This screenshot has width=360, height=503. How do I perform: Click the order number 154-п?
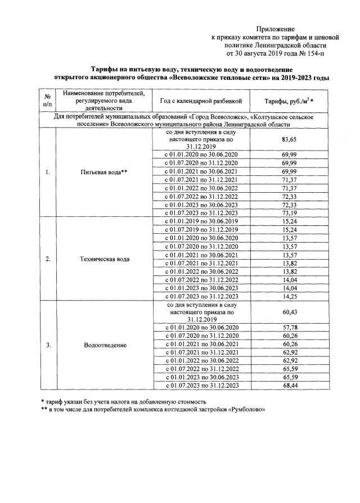pyautogui.click(x=312, y=54)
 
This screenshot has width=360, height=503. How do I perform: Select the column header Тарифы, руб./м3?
pyautogui.click(x=289, y=101)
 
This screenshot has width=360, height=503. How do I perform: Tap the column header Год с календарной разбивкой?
pyautogui.click(x=200, y=101)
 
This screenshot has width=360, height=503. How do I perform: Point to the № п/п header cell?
pyautogui.click(x=48, y=101)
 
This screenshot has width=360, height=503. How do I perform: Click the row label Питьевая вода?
pyautogui.click(x=105, y=172)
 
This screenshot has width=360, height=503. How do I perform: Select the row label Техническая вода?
pyautogui.click(x=105, y=259)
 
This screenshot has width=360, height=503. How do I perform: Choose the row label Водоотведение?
pyautogui.click(x=105, y=345)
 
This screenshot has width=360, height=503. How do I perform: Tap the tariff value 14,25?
pyautogui.click(x=289, y=296)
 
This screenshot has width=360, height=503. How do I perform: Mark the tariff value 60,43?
pyautogui.click(x=289, y=311)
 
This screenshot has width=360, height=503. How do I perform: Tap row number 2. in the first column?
pyautogui.click(x=48, y=259)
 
